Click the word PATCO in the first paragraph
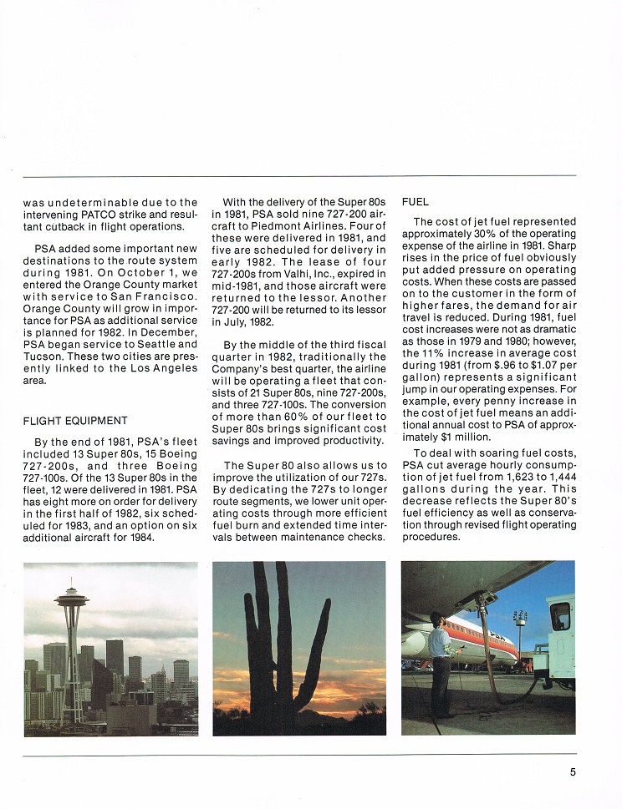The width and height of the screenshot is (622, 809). coord(83,215)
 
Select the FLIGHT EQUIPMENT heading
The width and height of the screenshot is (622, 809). coord(75,420)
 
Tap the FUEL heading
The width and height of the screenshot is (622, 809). coord(416,201)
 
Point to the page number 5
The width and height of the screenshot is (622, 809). coord(573,772)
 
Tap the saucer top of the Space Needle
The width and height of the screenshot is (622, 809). coord(73,599)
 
